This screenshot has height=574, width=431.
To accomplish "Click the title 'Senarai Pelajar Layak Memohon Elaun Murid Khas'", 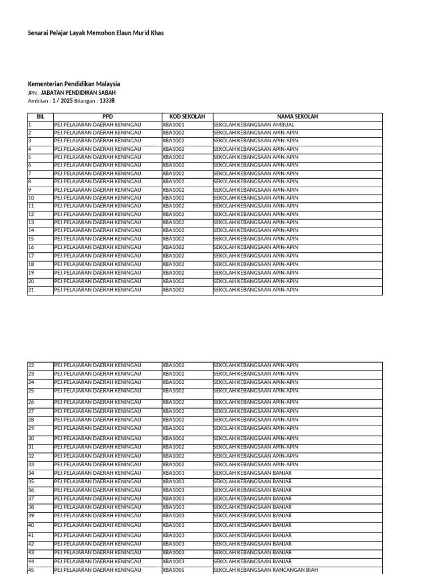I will point(96,33).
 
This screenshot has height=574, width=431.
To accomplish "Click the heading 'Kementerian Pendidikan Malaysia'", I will point(74,84).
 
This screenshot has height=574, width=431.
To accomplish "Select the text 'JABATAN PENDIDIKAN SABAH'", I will point(79,92).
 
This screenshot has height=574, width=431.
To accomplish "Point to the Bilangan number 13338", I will point(107,101).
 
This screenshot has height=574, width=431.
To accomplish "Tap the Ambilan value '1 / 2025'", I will point(62,101).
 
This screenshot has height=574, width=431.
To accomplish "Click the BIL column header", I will point(40,117).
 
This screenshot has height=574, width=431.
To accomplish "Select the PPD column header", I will point(108,117).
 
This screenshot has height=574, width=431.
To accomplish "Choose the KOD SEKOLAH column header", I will point(187,117).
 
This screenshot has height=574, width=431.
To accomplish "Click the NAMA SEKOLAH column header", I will point(297,117).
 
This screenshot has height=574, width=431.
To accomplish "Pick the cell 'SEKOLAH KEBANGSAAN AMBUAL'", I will point(254,124).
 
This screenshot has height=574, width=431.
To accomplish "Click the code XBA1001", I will point(173,124).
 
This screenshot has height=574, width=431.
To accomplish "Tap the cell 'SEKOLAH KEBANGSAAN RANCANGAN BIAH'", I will point(266,570).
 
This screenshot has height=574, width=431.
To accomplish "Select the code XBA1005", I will point(173,570).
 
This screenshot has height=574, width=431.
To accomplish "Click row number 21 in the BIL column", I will point(31,290).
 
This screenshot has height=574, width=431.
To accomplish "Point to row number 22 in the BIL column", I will point(31,365).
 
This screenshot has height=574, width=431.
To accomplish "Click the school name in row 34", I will point(253,473).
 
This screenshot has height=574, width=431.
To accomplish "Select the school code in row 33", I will point(173,465).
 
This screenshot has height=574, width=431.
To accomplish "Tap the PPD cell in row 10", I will point(98,198).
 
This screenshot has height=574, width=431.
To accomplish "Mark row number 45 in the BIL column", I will point(31,570).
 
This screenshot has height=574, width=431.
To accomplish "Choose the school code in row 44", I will point(173,561).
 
